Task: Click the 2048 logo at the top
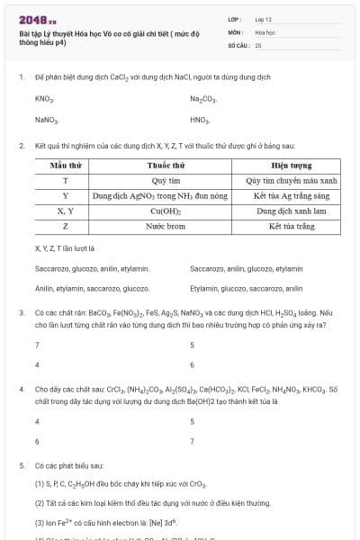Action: point(37,20)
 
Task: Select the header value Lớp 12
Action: point(264,19)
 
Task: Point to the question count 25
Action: point(258,44)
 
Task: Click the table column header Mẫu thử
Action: point(66,166)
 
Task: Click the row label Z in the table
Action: point(66,226)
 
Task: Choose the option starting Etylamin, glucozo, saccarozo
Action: point(246,288)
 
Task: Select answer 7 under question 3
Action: point(37,345)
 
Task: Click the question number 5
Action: point(21,465)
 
